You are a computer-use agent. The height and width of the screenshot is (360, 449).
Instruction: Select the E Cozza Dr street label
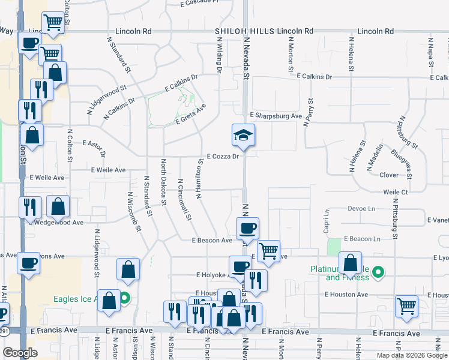pyautogui.click(x=223, y=157)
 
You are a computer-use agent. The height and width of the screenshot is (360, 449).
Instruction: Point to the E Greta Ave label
pyautogui.click(x=190, y=114)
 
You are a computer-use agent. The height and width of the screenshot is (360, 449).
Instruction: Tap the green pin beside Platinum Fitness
pyautogui.click(x=378, y=273)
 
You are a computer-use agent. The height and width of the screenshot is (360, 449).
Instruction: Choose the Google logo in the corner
pyautogui.click(x=19, y=353)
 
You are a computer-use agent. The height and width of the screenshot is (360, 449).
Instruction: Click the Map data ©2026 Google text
pyautogui.click(x=412, y=355)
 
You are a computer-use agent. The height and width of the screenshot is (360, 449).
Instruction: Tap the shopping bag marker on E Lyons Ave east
pyautogui.click(x=350, y=262)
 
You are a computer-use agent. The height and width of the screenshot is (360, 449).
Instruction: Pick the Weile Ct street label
pyautogui.click(x=396, y=192)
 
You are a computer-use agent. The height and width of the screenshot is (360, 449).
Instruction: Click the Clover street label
pyautogui.click(x=389, y=175)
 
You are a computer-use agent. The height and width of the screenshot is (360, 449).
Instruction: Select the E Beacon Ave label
pyautogui.click(x=212, y=241)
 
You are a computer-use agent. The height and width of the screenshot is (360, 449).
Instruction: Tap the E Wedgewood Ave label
pyautogui.click(x=59, y=223)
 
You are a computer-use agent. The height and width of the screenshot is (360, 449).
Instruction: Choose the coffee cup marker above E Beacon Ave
pyautogui.click(x=247, y=228)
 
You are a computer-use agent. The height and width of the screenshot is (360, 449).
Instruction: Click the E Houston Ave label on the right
pyautogui.click(x=346, y=295)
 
